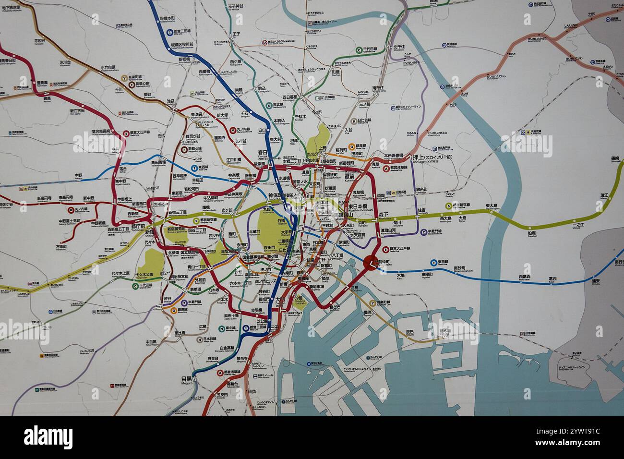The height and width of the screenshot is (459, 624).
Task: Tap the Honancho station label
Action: (61, 247)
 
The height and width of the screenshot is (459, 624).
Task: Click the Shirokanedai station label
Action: (213, 360)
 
